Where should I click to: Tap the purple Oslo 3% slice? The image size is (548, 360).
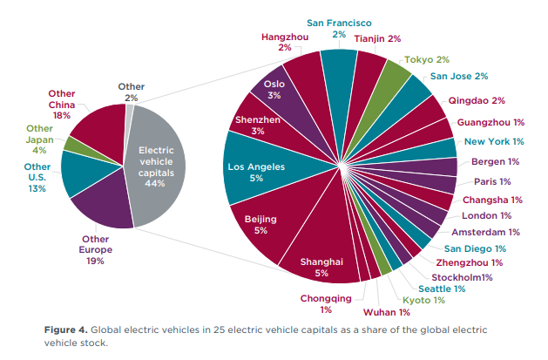click(275, 89)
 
